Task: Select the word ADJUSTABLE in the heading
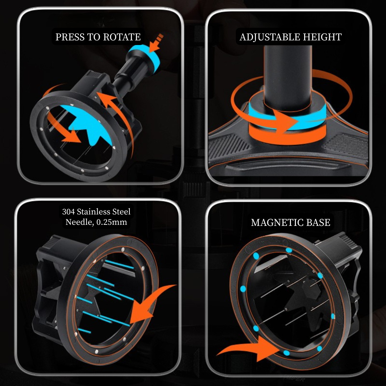pos(269,37)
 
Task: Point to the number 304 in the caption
pos(68,212)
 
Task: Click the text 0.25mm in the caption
pos(112,222)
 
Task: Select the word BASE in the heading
pos(318,223)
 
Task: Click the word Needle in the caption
pos(79,222)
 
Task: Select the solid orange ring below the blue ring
pos(287,135)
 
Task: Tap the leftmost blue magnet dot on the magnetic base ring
pos(243,289)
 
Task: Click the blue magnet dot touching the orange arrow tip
pos(286,353)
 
